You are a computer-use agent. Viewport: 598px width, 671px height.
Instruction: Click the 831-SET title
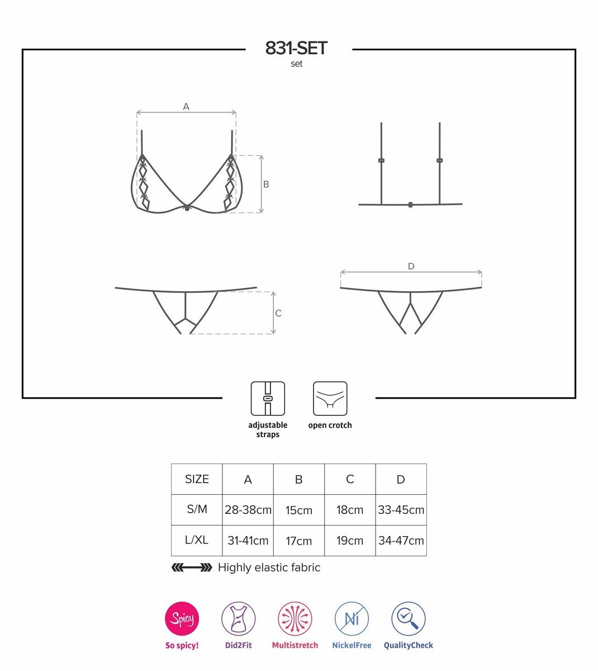(296, 48)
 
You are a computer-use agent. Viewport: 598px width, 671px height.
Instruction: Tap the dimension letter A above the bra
(186, 107)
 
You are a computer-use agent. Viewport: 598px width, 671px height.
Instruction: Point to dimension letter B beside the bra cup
(266, 184)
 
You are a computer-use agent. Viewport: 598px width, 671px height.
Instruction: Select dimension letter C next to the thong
(278, 313)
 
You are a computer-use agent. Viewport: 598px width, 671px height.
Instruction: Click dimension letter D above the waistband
(411, 266)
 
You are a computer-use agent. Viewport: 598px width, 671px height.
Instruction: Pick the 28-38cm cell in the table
(248, 510)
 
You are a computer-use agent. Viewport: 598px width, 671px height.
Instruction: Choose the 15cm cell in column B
(298, 510)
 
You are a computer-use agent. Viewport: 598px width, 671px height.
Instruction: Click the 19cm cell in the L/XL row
(350, 541)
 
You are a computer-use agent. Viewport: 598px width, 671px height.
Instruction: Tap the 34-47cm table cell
(401, 541)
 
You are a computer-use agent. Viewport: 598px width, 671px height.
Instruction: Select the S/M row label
(197, 509)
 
